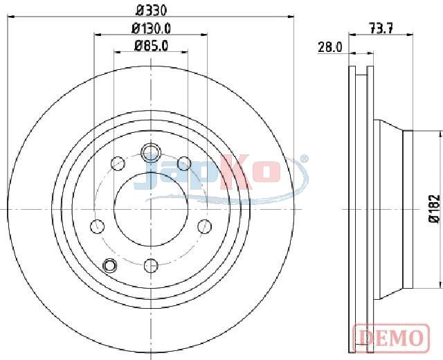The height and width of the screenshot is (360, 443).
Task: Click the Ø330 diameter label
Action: [x=151, y=10]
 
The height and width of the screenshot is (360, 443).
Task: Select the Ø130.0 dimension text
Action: [x=151, y=28]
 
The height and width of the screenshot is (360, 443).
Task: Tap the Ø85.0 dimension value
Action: [x=151, y=46]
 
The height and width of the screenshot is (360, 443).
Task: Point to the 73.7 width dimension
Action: [x=381, y=28]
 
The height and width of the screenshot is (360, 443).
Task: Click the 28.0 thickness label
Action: [x=330, y=47]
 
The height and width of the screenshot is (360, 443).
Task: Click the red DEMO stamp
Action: [x=391, y=339]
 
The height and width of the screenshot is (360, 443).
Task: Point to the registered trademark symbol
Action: [x=304, y=159]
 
